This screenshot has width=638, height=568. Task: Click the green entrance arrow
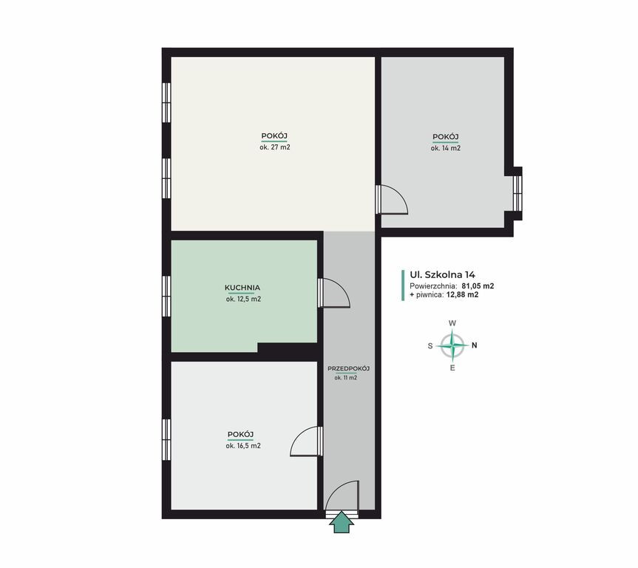point(342,523)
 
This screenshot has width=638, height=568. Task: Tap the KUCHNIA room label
point(242,288)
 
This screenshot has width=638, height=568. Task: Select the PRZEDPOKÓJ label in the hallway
point(349,368)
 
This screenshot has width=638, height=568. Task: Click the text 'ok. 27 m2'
point(275,147)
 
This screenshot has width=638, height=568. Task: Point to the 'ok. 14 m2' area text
point(446,148)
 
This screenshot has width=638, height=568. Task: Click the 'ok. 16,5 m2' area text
point(243,446)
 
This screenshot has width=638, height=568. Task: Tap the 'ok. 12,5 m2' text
point(243,299)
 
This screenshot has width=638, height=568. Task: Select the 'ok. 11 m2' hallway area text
point(346,377)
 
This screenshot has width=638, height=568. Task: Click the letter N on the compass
point(475,345)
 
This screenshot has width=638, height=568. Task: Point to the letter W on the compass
point(452,323)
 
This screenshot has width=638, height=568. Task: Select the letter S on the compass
point(430,346)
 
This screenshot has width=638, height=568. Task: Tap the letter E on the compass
point(452,368)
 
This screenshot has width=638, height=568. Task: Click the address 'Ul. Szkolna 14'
point(442,275)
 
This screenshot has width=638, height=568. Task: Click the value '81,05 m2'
point(478,285)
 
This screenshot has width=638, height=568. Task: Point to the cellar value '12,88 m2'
point(462,295)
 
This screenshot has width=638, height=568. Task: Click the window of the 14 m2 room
point(517,193)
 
